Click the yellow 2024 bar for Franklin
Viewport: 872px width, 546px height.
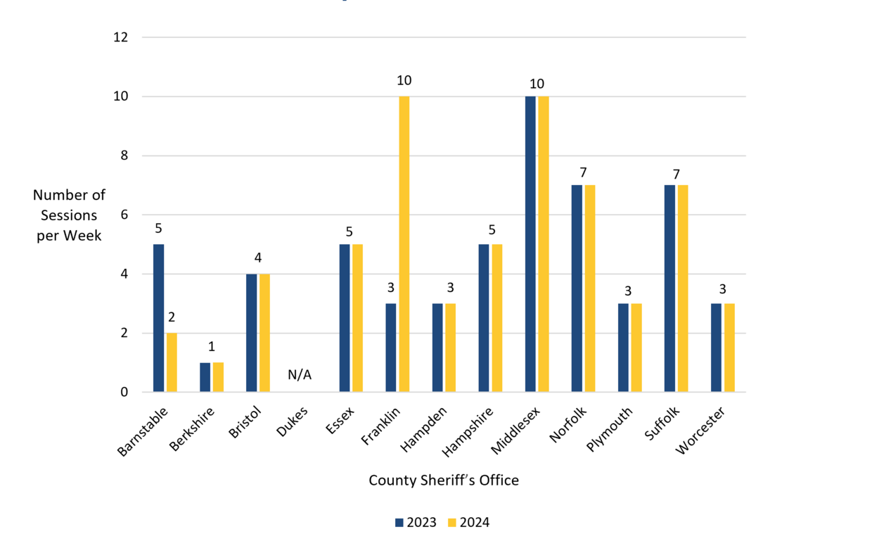click(404, 244)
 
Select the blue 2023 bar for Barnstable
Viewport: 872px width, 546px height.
click(158, 318)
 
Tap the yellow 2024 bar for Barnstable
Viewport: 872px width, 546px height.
click(172, 362)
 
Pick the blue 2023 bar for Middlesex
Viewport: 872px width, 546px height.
click(530, 244)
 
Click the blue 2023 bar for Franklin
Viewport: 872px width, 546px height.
click(390, 348)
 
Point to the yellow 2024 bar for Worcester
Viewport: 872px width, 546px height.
click(729, 348)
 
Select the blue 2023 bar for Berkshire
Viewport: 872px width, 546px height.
click(205, 377)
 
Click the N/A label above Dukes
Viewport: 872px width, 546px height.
click(300, 375)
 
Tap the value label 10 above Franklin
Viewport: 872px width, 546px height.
click(404, 81)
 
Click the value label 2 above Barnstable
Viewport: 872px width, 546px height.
click(172, 317)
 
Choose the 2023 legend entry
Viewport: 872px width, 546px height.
click(416, 523)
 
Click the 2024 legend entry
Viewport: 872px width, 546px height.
click(468, 523)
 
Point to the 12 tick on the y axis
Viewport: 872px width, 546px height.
click(120, 37)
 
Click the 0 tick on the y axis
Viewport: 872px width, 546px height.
click(124, 393)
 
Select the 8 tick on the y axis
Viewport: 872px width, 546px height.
click(124, 155)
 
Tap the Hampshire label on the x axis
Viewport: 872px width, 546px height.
click(468, 431)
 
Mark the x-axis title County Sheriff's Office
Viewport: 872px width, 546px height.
click(444, 481)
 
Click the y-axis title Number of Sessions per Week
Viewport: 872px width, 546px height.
click(69, 215)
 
